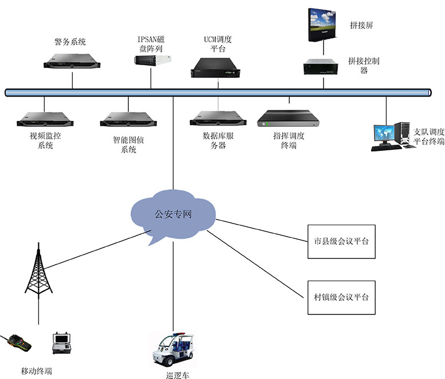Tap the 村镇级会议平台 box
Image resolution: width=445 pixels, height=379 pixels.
[x=341, y=297]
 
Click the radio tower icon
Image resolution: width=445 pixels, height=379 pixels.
[x=38, y=274]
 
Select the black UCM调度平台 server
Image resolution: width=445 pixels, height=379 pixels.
[x=218, y=67]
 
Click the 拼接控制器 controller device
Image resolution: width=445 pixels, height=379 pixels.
[x=323, y=67]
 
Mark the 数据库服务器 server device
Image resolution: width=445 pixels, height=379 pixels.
[x=218, y=119]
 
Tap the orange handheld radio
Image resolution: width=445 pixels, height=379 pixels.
[x=17, y=344]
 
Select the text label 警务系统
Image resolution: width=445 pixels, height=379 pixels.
[x=70, y=42]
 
